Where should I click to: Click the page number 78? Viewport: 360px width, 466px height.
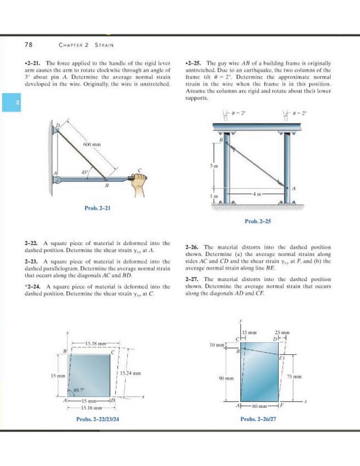(x=28, y=45)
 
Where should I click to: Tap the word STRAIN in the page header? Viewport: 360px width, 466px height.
(x=104, y=45)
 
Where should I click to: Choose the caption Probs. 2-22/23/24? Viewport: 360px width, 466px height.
(x=101, y=419)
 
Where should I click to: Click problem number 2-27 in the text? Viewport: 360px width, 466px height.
(x=194, y=279)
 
